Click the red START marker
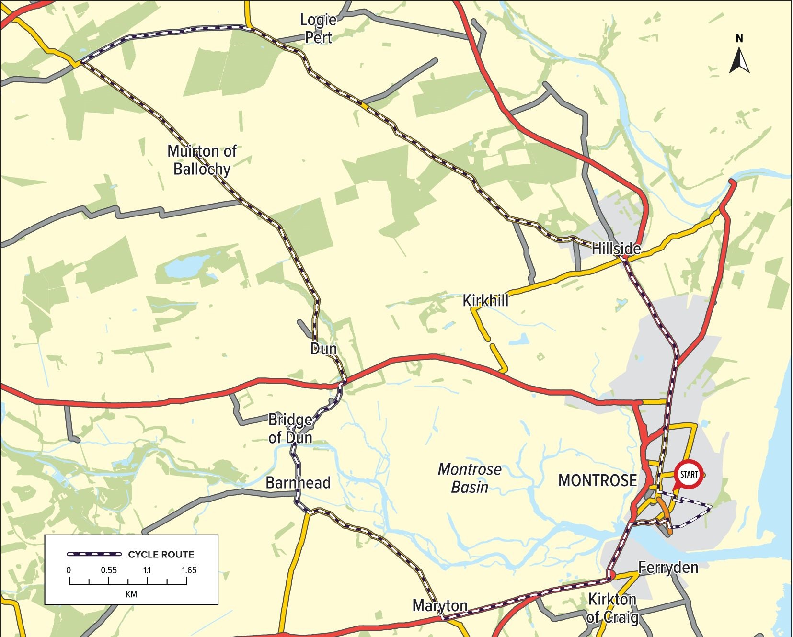click(x=689, y=474)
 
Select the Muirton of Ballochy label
click(x=202, y=160)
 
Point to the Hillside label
click(x=616, y=248)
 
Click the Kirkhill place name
click(x=485, y=301)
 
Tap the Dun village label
click(x=323, y=349)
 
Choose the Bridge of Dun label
click(x=290, y=429)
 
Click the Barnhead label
click(x=298, y=482)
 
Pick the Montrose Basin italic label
click(x=470, y=478)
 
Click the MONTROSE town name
click(x=598, y=480)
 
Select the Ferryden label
click(x=668, y=568)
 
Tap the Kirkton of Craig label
click(x=612, y=608)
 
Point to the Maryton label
click(x=440, y=606)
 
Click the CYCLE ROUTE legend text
click(x=161, y=555)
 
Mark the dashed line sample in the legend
click(x=94, y=555)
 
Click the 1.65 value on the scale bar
click(x=189, y=570)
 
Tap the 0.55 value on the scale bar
click(x=109, y=570)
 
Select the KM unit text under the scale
click(x=131, y=594)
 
